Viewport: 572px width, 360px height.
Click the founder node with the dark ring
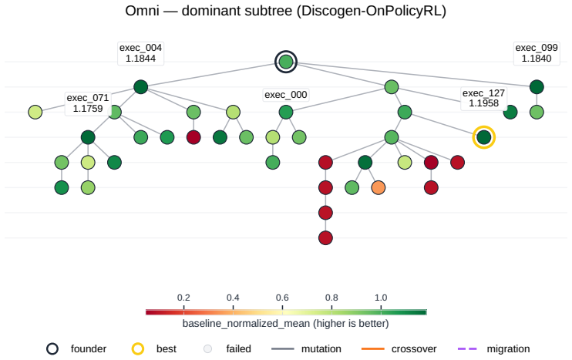286,62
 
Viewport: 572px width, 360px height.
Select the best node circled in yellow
483,137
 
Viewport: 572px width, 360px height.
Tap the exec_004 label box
140,53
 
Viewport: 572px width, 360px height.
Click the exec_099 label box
537,53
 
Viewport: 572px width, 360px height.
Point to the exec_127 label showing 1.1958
483,98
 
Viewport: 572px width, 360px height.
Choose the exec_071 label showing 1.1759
88,103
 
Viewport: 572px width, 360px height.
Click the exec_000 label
286,95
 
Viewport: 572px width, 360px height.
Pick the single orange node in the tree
379,187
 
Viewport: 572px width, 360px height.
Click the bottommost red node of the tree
325,237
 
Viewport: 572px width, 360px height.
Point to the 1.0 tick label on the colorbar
381,298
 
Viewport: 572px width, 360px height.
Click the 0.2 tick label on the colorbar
183,298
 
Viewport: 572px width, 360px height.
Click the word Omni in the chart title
143,11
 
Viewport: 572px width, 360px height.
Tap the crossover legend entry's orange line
373,349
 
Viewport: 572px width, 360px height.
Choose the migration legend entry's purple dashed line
467,349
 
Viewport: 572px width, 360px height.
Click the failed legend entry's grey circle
207,349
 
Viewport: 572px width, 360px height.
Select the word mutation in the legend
321,349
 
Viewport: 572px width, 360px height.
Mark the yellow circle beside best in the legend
138,349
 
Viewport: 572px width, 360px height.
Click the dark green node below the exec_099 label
537,87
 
